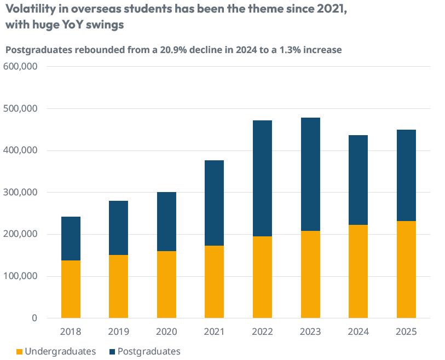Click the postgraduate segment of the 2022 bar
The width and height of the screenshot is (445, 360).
coord(262,178)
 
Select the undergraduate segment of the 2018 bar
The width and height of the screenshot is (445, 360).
coord(71,289)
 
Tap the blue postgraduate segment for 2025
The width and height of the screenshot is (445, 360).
coord(406,175)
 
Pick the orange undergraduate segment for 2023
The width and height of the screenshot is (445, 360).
coord(310,274)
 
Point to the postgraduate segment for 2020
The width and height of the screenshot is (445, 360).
coord(166,222)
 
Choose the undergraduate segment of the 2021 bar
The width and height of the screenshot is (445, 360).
coord(214,282)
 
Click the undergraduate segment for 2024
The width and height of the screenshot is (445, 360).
coord(358,271)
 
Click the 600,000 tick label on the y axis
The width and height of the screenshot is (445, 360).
coord(20,66)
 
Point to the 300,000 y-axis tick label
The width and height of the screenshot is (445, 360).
coord(20,192)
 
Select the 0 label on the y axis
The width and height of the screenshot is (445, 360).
coord(34,318)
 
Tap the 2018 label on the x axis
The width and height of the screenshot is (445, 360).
coord(71,332)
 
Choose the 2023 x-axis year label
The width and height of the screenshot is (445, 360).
coord(310,332)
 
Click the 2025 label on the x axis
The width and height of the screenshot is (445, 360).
coord(406,332)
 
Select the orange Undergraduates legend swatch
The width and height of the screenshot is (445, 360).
coord(20,351)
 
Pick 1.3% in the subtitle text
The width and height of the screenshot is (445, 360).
coord(289,50)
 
